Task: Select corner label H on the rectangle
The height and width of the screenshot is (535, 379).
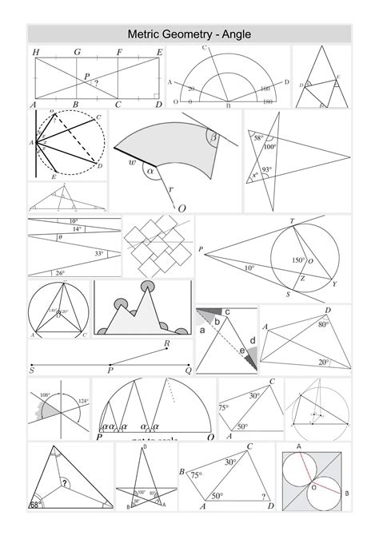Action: tap(36, 52)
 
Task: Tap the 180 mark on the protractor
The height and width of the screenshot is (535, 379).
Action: tap(267, 102)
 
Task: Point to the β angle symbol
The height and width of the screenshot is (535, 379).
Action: tap(213, 137)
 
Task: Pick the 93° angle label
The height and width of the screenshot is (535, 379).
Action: tap(267, 169)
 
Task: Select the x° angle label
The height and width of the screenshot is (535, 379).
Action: tap(255, 175)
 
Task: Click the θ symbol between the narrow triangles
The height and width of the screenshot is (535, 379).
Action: tap(60, 237)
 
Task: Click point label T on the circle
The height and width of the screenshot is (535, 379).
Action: tap(292, 222)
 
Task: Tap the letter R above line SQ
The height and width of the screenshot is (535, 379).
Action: tap(166, 344)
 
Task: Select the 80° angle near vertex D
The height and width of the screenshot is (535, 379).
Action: tap(323, 325)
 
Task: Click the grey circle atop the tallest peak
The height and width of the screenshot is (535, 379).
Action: tap(147, 286)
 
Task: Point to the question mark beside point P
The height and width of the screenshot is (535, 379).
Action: tap(96, 82)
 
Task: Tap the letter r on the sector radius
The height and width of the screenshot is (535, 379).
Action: tap(170, 189)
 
